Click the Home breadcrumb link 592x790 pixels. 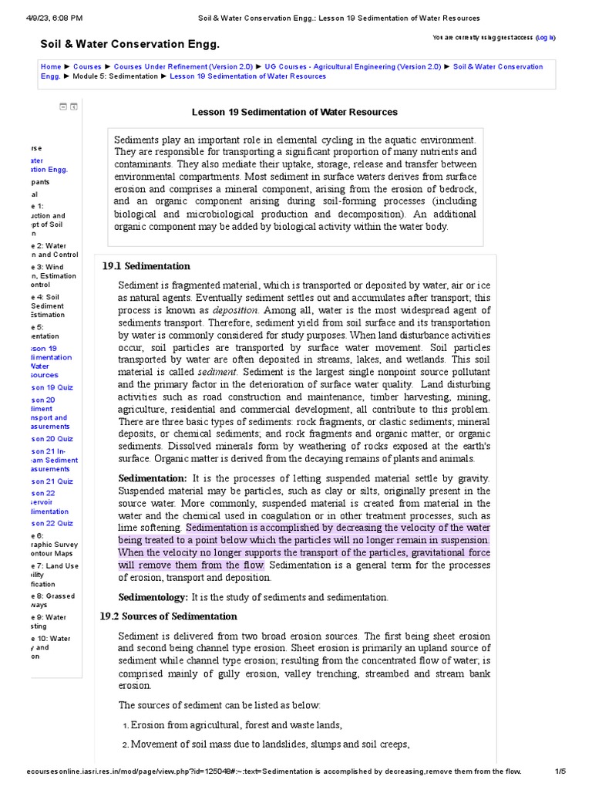(x=51, y=67)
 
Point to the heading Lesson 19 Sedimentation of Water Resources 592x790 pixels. (x=294, y=112)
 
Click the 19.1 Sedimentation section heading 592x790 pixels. (x=146, y=266)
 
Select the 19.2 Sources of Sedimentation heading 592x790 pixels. (x=169, y=616)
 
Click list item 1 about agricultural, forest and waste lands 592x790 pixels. (x=236, y=725)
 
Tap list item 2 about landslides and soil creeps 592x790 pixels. (x=270, y=744)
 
